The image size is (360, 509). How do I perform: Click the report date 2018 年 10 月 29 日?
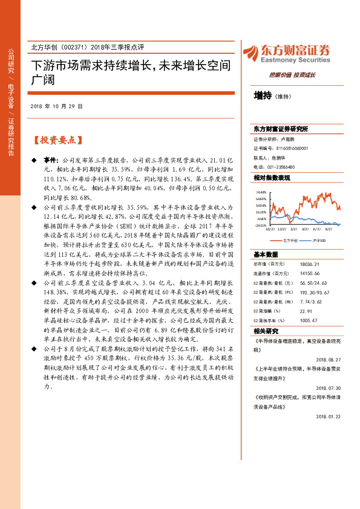point(56,106)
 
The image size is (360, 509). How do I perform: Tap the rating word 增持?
point(263,96)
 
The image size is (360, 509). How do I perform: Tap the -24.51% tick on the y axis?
point(261,225)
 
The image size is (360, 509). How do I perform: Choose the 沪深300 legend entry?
point(318,240)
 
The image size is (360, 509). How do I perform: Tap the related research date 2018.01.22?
point(328,416)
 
